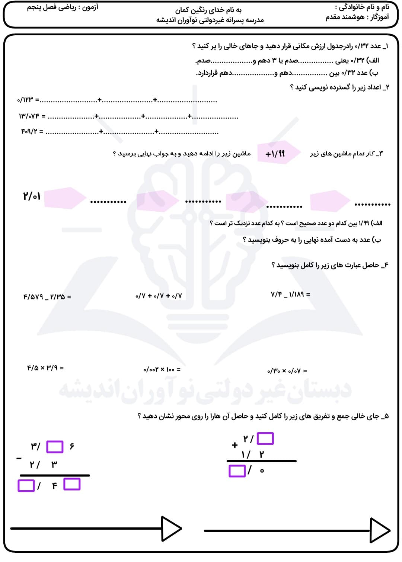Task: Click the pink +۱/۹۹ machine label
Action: [x=275, y=154]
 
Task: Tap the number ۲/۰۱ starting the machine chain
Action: [x=32, y=196]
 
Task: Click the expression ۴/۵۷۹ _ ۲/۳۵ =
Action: [x=47, y=297]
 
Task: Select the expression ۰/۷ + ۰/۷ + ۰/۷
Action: [x=159, y=296]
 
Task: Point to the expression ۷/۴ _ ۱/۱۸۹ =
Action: [x=290, y=294]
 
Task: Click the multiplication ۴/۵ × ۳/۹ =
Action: [x=45, y=368]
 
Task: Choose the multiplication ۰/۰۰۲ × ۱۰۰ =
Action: [x=162, y=369]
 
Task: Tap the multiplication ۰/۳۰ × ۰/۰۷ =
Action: [x=287, y=371]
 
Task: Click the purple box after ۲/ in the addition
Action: [x=265, y=439]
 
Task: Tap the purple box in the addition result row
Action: [x=237, y=471]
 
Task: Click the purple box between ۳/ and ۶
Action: [x=55, y=447]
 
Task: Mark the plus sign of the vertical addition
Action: [x=234, y=445]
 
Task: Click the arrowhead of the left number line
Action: [x=171, y=528]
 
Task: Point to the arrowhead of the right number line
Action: [x=380, y=530]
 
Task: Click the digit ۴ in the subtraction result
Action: [x=54, y=486]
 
